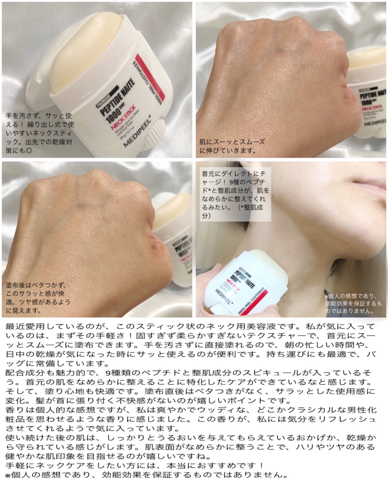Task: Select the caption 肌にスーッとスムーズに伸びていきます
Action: coord(232,146)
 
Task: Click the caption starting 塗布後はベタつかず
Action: coord(38,297)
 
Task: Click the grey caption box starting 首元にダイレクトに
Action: coord(235,195)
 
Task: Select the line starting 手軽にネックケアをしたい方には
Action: coord(134,465)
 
